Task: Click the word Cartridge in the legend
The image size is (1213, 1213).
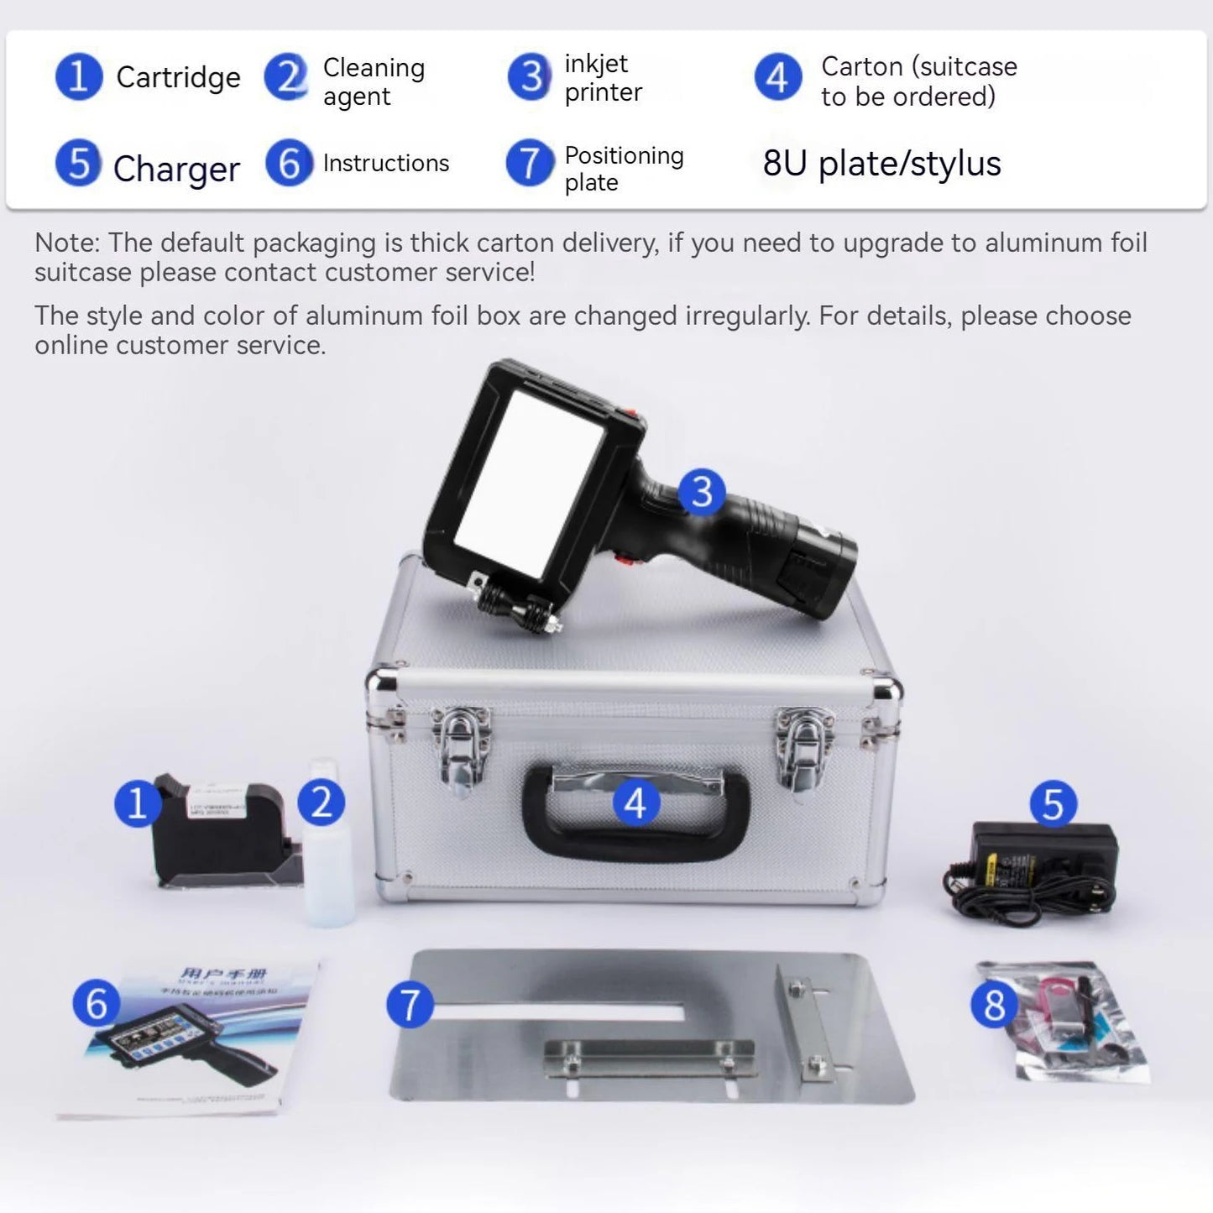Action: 178,77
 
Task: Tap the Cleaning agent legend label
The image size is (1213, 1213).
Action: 374,81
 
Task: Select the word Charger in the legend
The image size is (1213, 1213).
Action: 176,169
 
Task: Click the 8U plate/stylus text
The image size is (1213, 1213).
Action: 881,164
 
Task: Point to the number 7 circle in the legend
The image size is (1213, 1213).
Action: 530,163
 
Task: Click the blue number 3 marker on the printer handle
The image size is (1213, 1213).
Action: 702,492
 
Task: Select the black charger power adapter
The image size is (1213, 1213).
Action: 1041,865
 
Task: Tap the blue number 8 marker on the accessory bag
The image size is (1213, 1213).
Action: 995,1005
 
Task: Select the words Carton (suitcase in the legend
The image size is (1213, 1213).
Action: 918,66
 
